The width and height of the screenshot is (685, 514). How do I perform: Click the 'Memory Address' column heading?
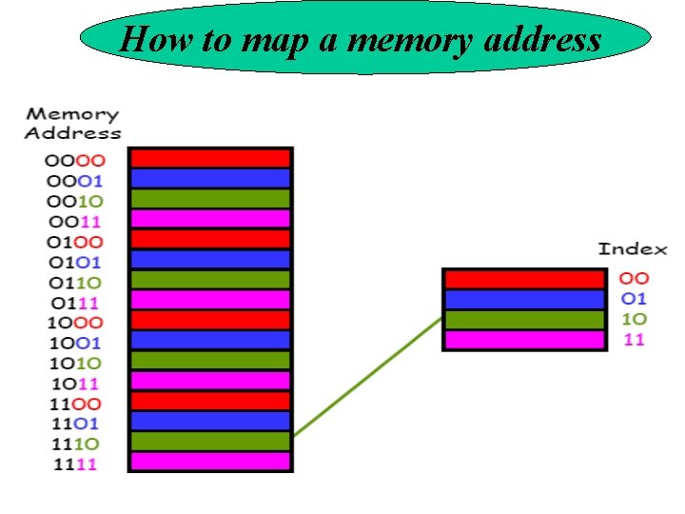pos(72,124)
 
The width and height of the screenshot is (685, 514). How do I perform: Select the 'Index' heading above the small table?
pos(633,249)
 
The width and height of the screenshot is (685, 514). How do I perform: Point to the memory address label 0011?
pos(73,220)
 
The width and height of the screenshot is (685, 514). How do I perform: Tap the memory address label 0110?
pos(73,281)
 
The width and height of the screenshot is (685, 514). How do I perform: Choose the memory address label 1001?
pos(73,342)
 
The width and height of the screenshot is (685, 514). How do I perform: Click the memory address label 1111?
pos(73,464)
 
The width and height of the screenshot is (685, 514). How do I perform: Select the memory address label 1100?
pos(73,403)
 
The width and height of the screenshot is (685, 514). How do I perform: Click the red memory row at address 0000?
pos(209,158)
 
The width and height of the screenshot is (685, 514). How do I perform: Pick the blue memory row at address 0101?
pos(209,259)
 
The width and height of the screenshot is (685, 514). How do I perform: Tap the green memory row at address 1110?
pos(209,441)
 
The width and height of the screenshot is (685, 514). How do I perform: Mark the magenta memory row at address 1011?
pos(209,381)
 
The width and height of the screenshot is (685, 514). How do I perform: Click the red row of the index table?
pos(524,279)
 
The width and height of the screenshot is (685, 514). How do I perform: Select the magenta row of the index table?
pos(524,339)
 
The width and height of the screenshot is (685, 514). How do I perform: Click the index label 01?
pos(634,299)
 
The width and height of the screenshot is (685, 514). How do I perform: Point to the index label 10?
pos(634,319)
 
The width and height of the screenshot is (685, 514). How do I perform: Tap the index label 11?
pos(634,339)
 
